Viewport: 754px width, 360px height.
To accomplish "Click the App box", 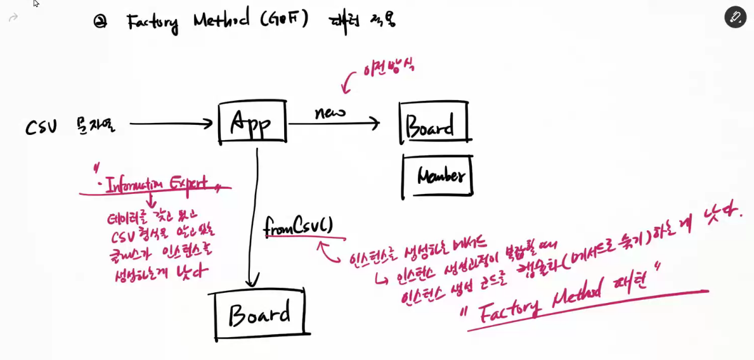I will [x=251, y=122].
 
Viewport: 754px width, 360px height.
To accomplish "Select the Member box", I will [x=438, y=176].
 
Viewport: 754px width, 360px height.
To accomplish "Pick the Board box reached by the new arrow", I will [x=434, y=123].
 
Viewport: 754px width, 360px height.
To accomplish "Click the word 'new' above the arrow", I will [x=330, y=112].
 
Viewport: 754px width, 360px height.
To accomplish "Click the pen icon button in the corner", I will [x=735, y=17].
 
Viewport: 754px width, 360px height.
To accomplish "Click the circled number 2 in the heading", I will [x=100, y=22].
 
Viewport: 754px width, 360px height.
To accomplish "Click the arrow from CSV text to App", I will [x=171, y=124].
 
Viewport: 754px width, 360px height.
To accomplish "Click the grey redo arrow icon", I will [x=13, y=18].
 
